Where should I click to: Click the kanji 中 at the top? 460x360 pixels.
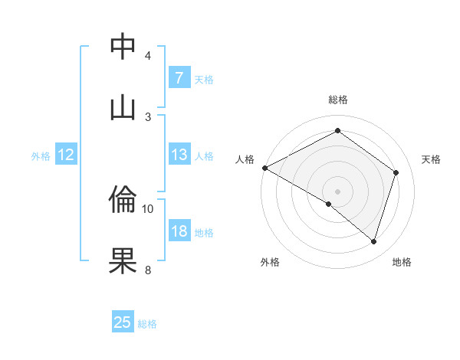pyautogui.click(x=123, y=45)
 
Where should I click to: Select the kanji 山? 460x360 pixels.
pyautogui.click(x=123, y=106)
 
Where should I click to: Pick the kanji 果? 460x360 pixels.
pyautogui.click(x=123, y=260)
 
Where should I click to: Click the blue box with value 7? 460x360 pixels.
pyautogui.click(x=179, y=77)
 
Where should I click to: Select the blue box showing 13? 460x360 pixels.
pyautogui.click(x=179, y=155)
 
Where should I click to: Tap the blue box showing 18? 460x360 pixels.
pyautogui.click(x=179, y=231)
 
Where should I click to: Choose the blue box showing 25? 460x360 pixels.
pyautogui.click(x=123, y=322)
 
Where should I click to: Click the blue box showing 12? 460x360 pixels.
pyautogui.click(x=65, y=155)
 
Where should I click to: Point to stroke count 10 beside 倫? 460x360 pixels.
pyautogui.click(x=148, y=208)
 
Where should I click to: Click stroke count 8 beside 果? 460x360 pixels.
pyautogui.click(x=148, y=269)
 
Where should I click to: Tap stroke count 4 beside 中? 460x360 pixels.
pyautogui.click(x=148, y=55)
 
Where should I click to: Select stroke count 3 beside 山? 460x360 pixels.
pyautogui.click(x=148, y=116)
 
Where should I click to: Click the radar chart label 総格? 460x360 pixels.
pyautogui.click(x=338, y=100)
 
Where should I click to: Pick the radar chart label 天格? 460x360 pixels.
pyautogui.click(x=431, y=159)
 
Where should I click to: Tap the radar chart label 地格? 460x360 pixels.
pyautogui.click(x=402, y=262)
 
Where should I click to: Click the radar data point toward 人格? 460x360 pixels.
pyautogui.click(x=264, y=168)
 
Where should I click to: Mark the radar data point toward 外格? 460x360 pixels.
pyautogui.click(x=329, y=204)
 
